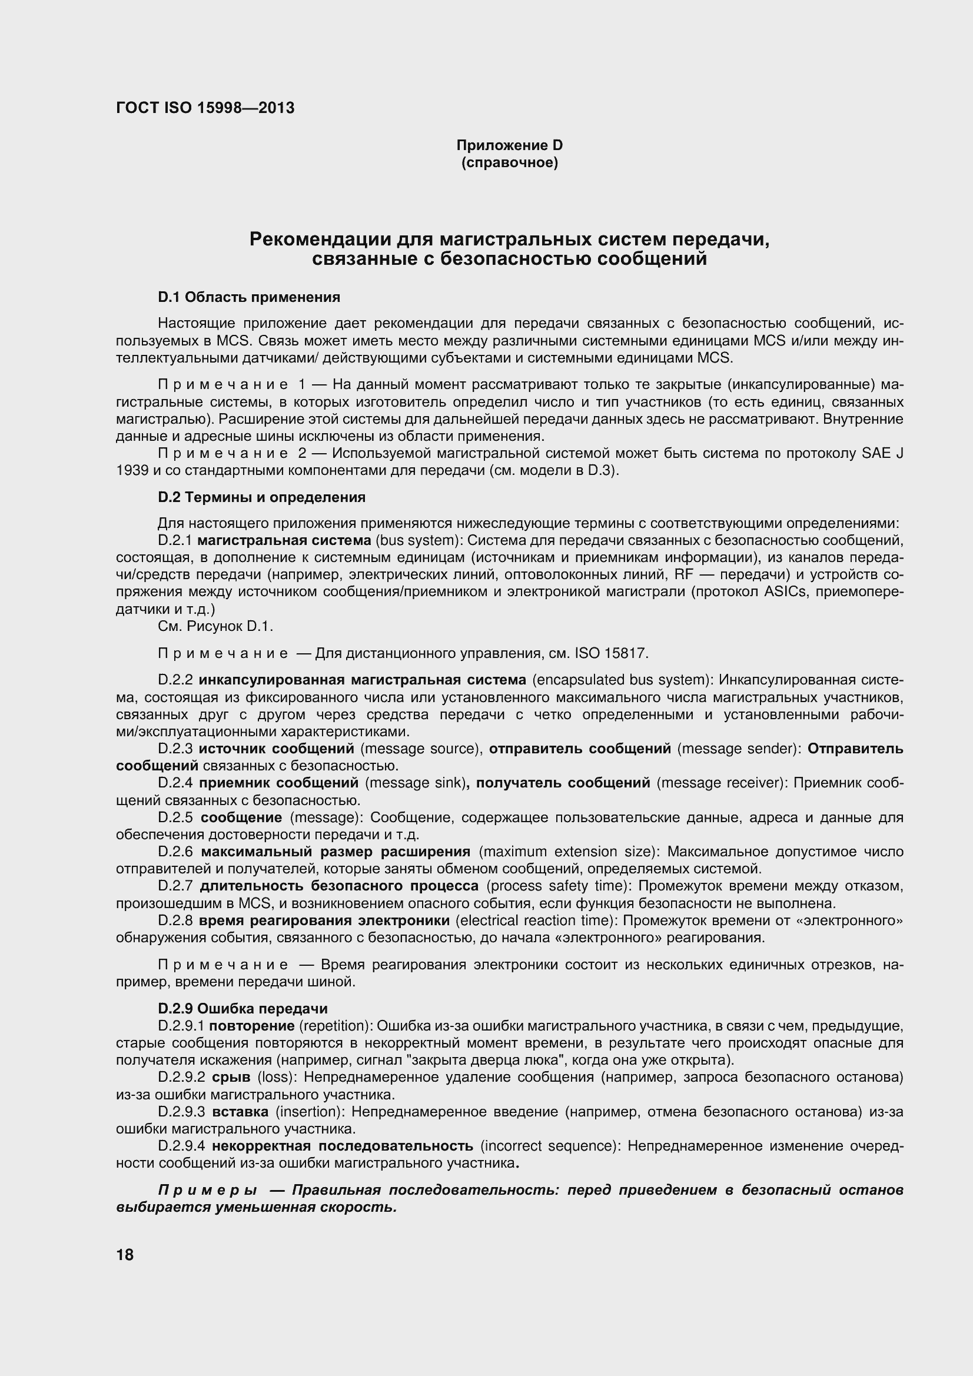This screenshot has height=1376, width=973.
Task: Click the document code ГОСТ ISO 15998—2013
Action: point(205,108)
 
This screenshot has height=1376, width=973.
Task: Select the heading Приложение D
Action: point(510,145)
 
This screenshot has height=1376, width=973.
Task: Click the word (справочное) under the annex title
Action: point(510,163)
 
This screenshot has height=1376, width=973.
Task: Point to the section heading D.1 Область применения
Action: point(249,297)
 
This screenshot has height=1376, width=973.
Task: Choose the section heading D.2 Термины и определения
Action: point(261,497)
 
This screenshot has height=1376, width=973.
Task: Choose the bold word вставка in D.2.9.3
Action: point(240,1112)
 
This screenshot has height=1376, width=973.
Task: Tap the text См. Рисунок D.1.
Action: point(215,626)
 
